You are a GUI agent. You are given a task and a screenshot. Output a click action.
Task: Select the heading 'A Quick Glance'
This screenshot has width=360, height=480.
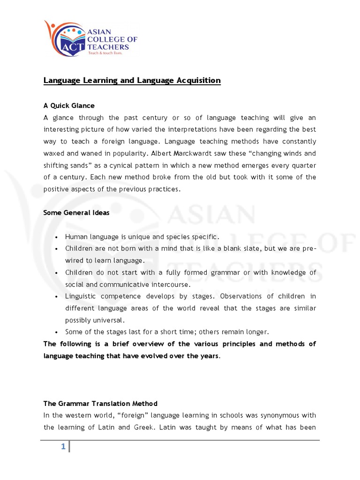[69, 105]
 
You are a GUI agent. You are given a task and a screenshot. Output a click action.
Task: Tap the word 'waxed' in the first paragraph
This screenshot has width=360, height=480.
[53, 153]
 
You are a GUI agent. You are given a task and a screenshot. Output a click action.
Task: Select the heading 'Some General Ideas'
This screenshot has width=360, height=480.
[76, 213]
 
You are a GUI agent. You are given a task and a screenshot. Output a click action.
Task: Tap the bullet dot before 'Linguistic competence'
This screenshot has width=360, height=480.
[56, 296]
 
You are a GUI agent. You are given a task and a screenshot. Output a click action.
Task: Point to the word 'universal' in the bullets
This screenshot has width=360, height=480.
[111, 320]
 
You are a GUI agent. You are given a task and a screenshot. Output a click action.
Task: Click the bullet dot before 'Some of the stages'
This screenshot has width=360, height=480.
[56, 332]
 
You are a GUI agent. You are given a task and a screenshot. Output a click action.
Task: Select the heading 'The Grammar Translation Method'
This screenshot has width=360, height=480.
[100, 404]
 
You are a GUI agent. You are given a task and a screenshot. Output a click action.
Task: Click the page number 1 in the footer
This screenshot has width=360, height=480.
[62, 447]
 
